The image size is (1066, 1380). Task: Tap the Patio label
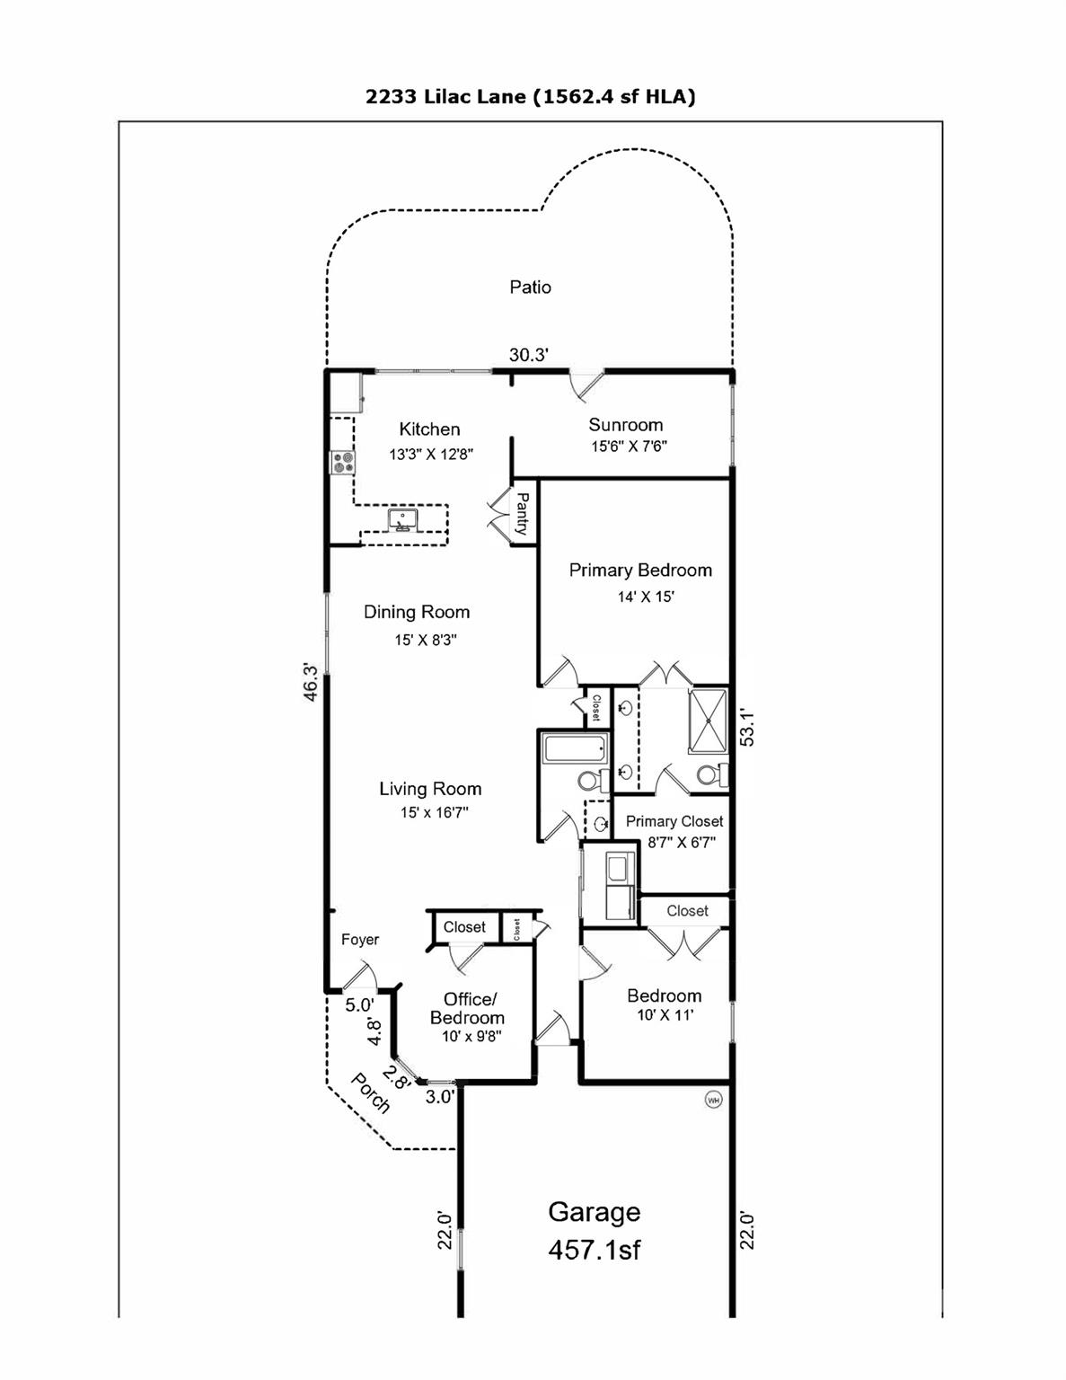tap(530, 287)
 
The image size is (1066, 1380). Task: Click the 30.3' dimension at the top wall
tap(528, 356)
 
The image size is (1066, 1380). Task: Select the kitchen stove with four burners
tap(342, 463)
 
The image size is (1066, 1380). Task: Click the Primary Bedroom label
tap(640, 571)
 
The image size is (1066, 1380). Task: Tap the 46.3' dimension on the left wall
tap(310, 682)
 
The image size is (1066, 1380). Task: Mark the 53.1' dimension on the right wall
tap(746, 728)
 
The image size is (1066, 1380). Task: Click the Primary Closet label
tap(674, 821)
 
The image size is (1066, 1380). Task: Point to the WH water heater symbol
tap(714, 1100)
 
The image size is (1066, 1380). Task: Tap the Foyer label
tap(360, 940)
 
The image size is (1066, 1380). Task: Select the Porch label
tap(370, 1093)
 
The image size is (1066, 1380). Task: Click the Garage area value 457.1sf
tap(595, 1250)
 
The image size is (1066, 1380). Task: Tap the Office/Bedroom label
tap(467, 1009)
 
